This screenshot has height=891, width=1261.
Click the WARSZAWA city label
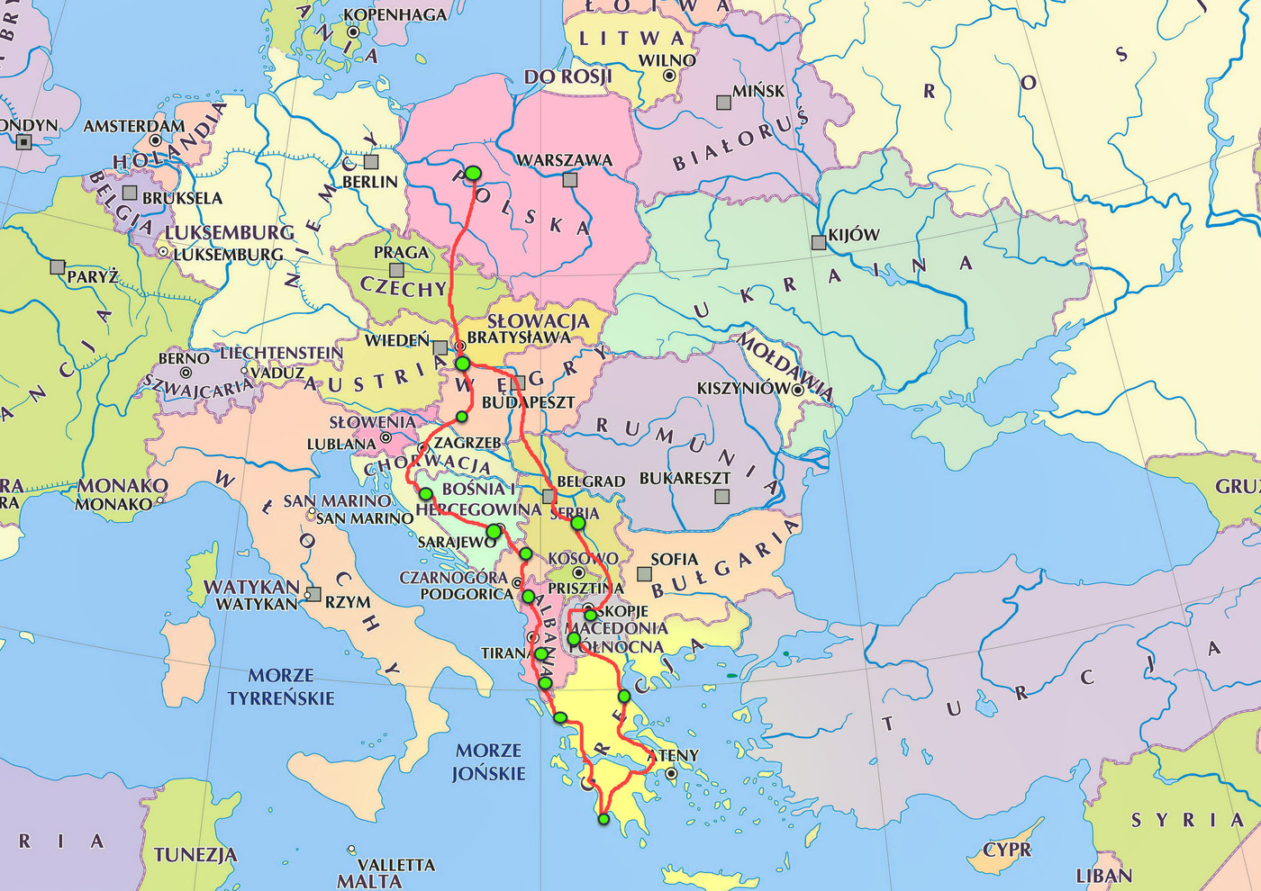564,160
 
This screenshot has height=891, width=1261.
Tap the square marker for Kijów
818,242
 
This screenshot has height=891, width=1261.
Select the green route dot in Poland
473,173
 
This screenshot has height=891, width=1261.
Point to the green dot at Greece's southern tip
603,819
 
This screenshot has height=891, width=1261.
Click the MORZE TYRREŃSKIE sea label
280,686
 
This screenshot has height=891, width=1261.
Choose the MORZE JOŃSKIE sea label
488,761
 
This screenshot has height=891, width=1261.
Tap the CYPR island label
1007,850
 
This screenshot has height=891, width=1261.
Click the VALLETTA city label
396,865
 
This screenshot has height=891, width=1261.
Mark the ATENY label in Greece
673,755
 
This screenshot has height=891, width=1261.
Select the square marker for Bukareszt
721,496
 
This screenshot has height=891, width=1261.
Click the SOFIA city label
675,559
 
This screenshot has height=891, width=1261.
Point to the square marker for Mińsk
723,103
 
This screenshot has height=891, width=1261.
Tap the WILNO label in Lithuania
667,60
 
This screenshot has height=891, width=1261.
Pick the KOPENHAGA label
395,14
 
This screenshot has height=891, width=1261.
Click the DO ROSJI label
567,76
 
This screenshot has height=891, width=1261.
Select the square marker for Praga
396,270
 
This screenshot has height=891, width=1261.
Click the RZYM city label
348,602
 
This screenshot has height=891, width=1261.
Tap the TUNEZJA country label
195,854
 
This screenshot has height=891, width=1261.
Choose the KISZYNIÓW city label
743,389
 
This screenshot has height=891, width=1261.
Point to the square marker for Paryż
58,267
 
